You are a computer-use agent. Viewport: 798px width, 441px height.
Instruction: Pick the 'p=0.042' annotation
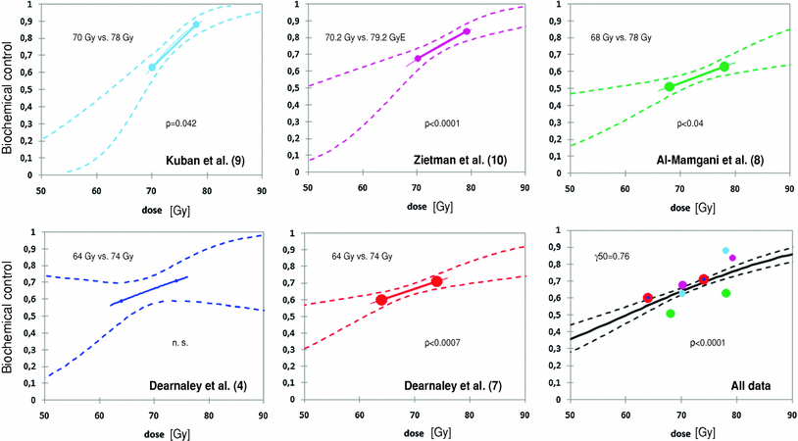[182, 125]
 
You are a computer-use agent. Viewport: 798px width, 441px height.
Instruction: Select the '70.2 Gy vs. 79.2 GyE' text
[374, 38]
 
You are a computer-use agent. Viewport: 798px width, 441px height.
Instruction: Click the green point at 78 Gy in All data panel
[726, 293]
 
